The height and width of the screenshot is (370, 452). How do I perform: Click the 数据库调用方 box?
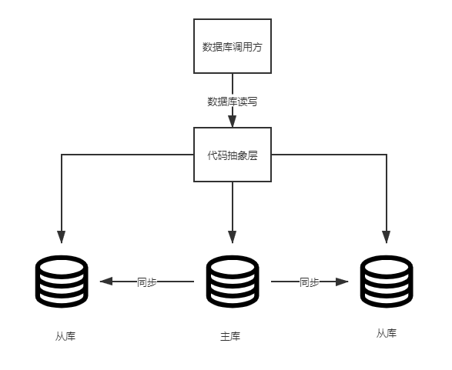233,46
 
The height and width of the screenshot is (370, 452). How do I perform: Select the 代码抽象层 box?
233,155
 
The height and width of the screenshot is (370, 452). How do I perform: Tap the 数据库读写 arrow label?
233,102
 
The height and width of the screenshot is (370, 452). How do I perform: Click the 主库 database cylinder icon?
233,282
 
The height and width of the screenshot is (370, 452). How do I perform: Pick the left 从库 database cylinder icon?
62,282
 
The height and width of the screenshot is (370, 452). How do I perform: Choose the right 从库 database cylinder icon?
387,282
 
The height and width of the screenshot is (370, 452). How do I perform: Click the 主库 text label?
230,336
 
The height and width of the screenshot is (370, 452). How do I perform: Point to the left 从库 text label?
65,336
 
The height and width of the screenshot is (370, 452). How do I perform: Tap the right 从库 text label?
387,333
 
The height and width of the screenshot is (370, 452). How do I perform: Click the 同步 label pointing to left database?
147,282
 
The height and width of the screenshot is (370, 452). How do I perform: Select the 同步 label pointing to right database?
310,282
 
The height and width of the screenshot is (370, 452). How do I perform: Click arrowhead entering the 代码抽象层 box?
233,122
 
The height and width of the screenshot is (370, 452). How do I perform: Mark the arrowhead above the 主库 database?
233,237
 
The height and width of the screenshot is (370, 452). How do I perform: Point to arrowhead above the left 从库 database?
62,237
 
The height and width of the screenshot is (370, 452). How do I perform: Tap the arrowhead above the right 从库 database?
387,237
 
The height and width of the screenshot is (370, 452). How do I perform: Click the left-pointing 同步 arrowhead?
106,282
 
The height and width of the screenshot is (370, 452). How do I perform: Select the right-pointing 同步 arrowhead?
342,282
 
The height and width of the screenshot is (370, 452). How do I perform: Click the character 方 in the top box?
257,47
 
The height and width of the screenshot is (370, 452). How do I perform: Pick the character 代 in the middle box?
213,155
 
